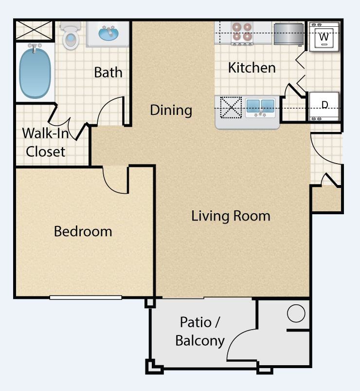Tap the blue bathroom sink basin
tap(108, 34)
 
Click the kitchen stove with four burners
tap(241, 34)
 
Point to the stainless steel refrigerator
tap(288, 34)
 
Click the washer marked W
tap(324, 37)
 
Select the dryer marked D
tap(324, 106)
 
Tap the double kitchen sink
tap(260, 108)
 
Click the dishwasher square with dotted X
tap(231, 108)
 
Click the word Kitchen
tap(252, 68)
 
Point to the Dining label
tap(171, 110)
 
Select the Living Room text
tap(231, 216)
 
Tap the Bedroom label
tap(83, 231)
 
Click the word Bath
tap(108, 73)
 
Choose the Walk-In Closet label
tap(46, 142)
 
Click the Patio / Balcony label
tap(200, 332)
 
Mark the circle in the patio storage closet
tap(296, 313)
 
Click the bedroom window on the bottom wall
tap(86, 298)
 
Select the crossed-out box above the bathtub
tap(35, 30)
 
